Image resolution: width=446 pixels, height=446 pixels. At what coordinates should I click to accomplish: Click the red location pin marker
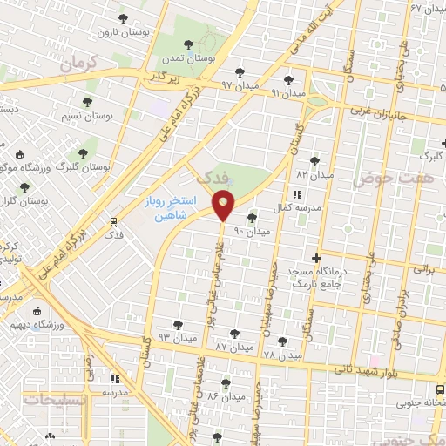224,206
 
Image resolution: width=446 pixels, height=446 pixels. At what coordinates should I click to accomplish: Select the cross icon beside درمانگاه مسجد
316,258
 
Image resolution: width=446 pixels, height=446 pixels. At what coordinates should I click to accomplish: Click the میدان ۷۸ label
282,355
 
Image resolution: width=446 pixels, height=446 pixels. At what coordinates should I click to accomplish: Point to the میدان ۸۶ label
224,396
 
